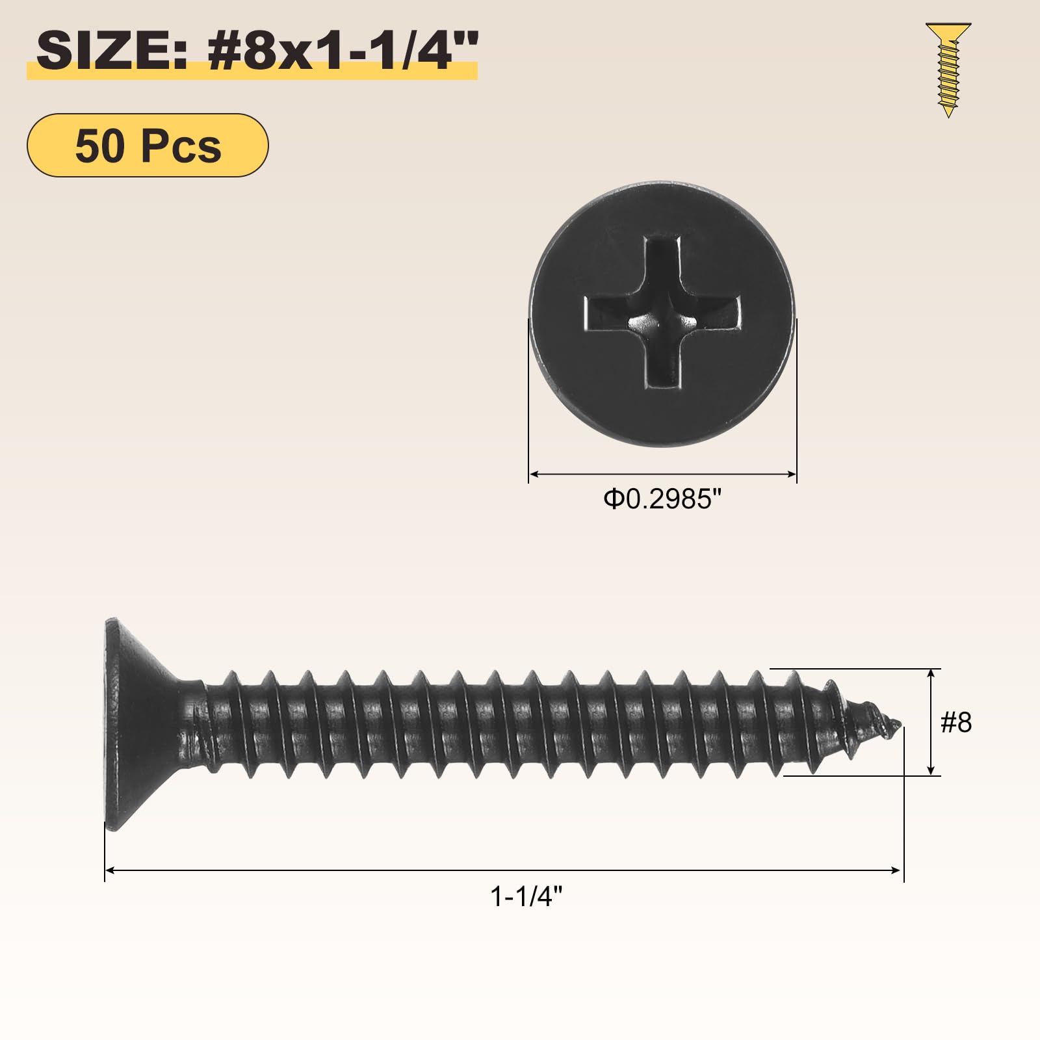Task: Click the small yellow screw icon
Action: pyautogui.click(x=948, y=70)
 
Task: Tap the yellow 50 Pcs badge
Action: pyautogui.click(x=148, y=145)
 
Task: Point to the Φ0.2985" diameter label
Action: pyautogui.click(x=662, y=499)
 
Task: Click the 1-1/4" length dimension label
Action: pyautogui.click(x=526, y=897)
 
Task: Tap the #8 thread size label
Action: pyautogui.click(x=956, y=722)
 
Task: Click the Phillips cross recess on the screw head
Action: pyautogui.click(x=662, y=313)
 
